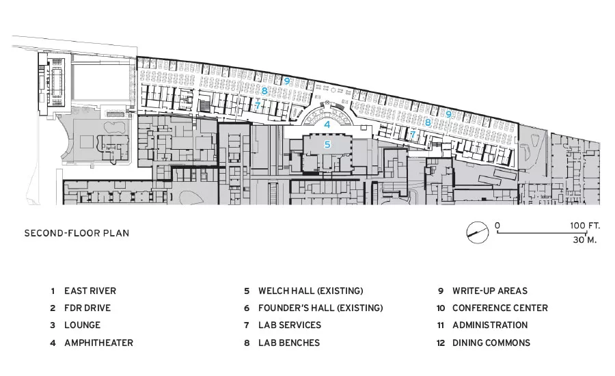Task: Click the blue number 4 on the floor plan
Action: click(x=327, y=125)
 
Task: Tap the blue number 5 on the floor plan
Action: click(x=327, y=145)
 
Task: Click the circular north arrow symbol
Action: click(x=478, y=232)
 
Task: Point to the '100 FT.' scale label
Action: click(x=585, y=226)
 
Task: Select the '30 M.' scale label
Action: click(x=585, y=240)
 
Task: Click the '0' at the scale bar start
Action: click(x=497, y=226)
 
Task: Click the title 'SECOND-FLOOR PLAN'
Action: click(x=77, y=233)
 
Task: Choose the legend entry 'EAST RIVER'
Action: click(x=90, y=291)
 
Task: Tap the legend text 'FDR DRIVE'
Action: click(x=87, y=308)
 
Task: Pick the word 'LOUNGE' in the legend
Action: click(x=83, y=325)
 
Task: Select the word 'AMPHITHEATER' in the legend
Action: click(x=99, y=343)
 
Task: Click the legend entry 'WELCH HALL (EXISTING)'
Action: click(x=311, y=291)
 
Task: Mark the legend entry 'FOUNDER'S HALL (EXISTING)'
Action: click(x=320, y=308)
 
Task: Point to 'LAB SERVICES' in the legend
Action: click(x=290, y=325)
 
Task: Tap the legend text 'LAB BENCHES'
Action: click(x=289, y=343)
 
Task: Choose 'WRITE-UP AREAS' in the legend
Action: click(x=490, y=291)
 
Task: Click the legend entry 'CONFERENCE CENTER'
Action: click(x=500, y=308)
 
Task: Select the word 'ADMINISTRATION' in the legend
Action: click(x=490, y=325)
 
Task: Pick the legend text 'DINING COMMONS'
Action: click(x=491, y=343)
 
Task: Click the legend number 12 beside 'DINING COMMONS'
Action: click(x=441, y=343)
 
